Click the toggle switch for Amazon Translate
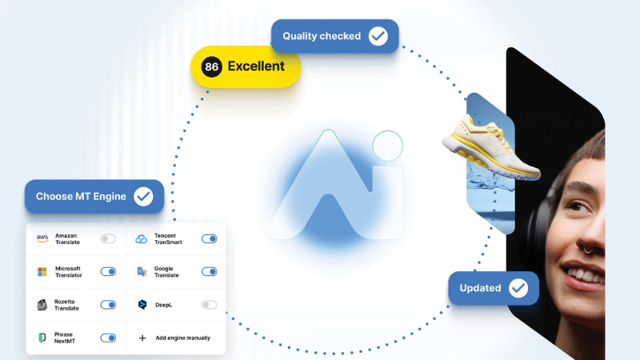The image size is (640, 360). pos(108,238)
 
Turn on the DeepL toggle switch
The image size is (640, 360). pos(210,305)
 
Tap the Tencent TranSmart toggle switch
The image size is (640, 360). pos(210,238)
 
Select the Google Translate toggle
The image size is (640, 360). pos(210,271)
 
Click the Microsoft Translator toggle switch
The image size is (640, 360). pos(108,271)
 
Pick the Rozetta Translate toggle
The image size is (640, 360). pos(108,305)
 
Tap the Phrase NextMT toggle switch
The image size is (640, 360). pos(108,338)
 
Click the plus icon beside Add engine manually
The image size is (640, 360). pos(142,338)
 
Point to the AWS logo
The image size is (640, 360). pos(42,238)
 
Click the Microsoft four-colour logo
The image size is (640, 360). pos(42,271)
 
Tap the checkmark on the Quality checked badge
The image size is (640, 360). pos(378,36)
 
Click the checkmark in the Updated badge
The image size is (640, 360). pos(518,288)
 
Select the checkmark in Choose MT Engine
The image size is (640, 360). pos(143,196)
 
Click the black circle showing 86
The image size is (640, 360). pos(211,66)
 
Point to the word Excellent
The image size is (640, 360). pos(256,66)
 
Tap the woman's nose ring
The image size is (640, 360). pos(589,249)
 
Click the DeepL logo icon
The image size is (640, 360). pos(142,305)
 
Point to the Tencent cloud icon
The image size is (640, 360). pos(142,238)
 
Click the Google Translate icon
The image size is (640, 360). pos(142,272)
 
